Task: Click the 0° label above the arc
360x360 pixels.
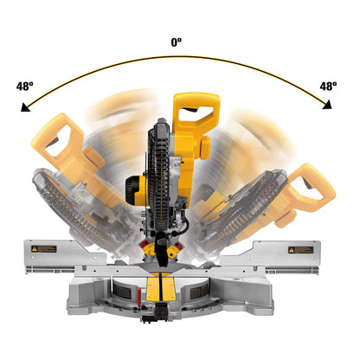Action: (177, 42)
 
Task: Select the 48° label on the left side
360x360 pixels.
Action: (25, 87)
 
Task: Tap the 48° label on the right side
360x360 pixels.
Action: (329, 87)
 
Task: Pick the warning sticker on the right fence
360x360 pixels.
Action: (300, 249)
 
